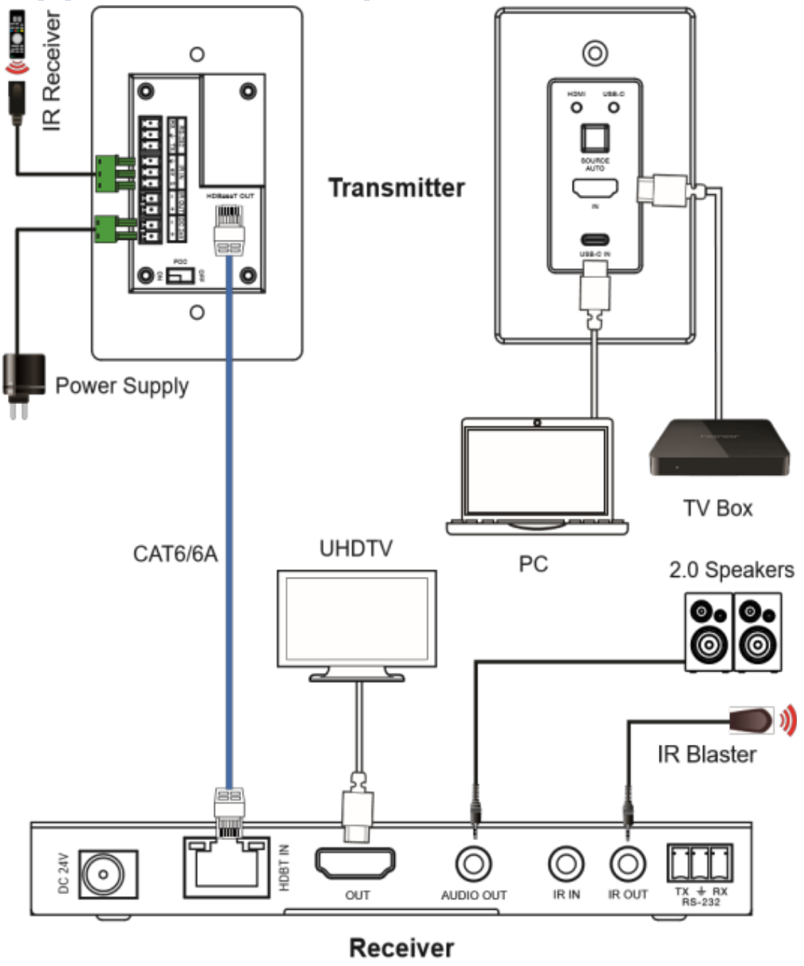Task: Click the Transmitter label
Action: click(396, 188)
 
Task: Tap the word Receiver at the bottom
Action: click(401, 948)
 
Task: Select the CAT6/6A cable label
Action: click(175, 553)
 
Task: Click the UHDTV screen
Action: click(356, 617)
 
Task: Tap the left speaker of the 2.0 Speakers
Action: click(709, 632)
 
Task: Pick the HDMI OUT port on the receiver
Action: click(356, 864)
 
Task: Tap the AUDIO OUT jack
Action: click(474, 864)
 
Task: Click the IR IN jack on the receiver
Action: click(566, 864)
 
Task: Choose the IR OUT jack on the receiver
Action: click(628, 864)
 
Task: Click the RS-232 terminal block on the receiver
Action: click(700, 863)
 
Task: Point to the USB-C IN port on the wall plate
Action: click(595, 239)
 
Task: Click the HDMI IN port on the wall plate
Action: click(595, 189)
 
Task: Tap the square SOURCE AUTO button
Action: click(595, 138)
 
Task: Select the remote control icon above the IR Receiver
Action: click(16, 34)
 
